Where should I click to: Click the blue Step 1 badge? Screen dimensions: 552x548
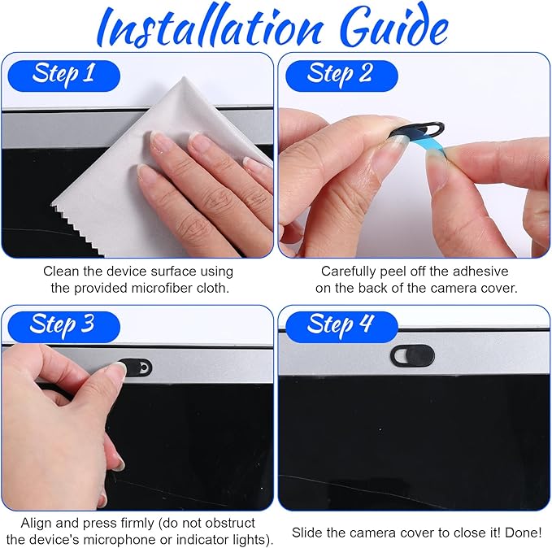[x=63, y=76]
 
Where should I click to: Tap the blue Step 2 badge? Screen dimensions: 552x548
[x=341, y=76]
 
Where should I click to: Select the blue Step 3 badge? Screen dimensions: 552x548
[x=63, y=327]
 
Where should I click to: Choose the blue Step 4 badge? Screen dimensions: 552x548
[x=341, y=327]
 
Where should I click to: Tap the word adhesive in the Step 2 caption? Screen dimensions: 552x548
[x=480, y=272]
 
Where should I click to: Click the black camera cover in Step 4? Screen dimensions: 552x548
[x=412, y=355]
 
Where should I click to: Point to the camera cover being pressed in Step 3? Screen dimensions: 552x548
[x=135, y=368]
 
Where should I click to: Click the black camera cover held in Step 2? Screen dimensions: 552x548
[x=419, y=131]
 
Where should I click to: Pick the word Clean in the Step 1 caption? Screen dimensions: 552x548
[x=61, y=272]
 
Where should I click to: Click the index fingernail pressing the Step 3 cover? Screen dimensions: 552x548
[x=119, y=370]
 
